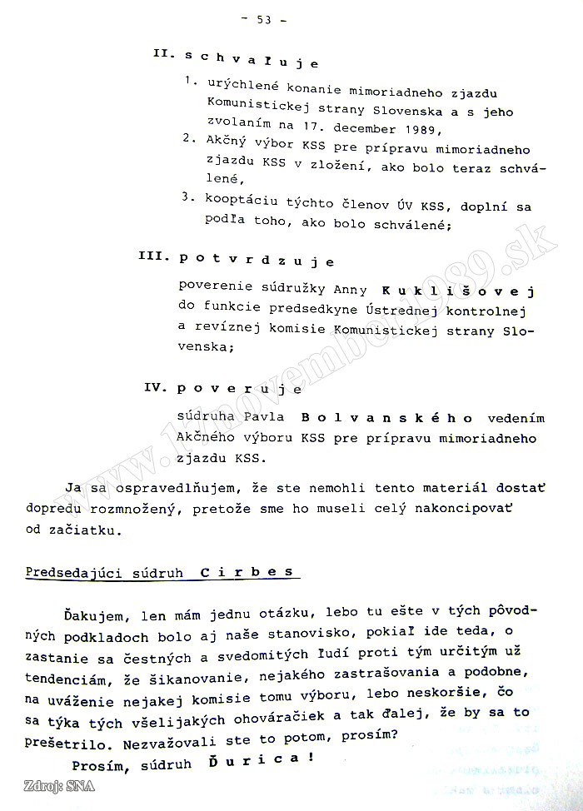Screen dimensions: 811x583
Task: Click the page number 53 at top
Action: tap(266, 21)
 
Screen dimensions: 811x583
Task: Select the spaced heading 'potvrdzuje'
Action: tap(257, 260)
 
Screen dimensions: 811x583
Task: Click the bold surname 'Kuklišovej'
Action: tap(457, 291)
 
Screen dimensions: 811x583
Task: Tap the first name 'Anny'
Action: tap(350, 291)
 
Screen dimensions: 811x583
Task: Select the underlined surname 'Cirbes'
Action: tap(247, 572)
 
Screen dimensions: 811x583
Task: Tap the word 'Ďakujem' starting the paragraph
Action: tap(92, 615)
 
